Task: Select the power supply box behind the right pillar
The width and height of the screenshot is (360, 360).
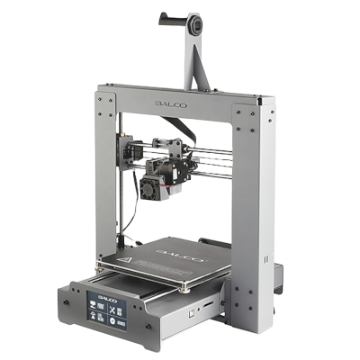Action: (279, 270)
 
